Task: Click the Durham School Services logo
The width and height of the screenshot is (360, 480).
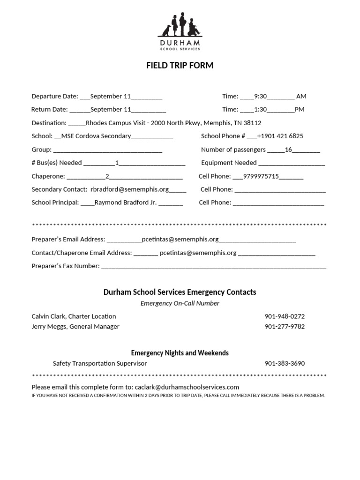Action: click(x=180, y=32)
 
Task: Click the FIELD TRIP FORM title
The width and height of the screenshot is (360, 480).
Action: click(x=180, y=66)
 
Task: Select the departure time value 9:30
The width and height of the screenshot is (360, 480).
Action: click(x=260, y=97)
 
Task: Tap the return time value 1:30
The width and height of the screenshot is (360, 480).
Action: click(x=260, y=110)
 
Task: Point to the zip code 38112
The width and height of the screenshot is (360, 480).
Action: click(x=252, y=123)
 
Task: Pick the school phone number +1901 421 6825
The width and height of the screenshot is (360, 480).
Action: click(x=280, y=136)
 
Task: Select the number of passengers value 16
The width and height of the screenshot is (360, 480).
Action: click(x=289, y=150)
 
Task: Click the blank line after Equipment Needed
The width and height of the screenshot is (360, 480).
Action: click(x=292, y=164)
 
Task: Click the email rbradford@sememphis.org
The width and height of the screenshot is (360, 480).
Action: click(x=129, y=190)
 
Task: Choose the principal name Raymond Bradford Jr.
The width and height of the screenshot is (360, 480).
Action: click(x=126, y=203)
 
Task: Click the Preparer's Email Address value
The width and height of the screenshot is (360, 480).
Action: click(x=180, y=240)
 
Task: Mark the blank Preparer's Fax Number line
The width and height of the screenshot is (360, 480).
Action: click(x=214, y=267)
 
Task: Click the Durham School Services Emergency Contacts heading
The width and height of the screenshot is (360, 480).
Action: click(x=180, y=292)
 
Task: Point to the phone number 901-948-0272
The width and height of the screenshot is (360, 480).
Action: click(x=285, y=316)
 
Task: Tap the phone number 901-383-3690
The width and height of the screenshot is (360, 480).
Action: click(x=285, y=364)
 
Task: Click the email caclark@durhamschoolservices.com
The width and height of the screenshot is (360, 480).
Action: click(x=187, y=387)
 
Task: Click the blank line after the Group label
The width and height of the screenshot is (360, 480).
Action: click(x=108, y=150)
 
